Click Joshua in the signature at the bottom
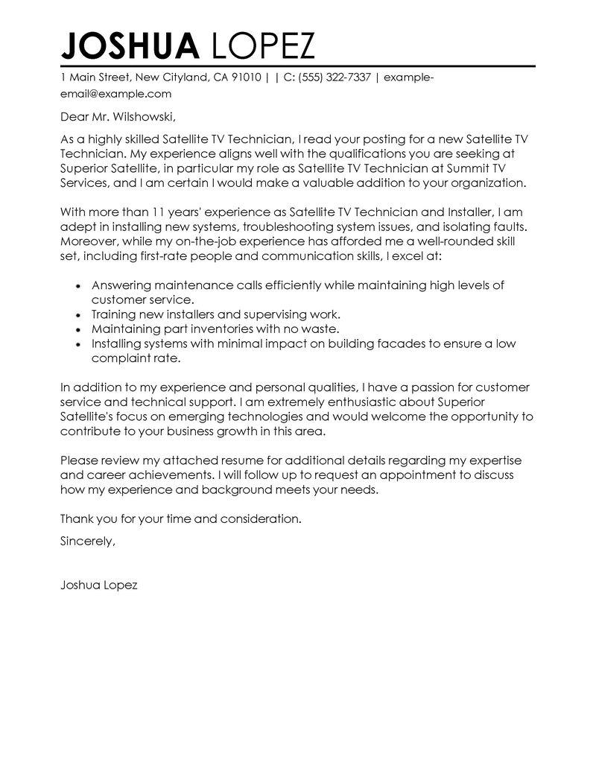tap(80, 586)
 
